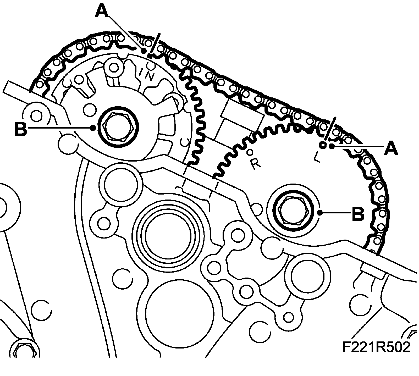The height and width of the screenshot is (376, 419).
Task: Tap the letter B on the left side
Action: [21, 129]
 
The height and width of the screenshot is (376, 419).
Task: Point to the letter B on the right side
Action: [358, 213]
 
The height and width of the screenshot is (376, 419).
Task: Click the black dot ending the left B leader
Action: [93, 128]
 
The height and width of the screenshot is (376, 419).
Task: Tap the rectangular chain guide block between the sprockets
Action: [242, 114]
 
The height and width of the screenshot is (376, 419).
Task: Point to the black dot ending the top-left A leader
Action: [144, 51]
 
